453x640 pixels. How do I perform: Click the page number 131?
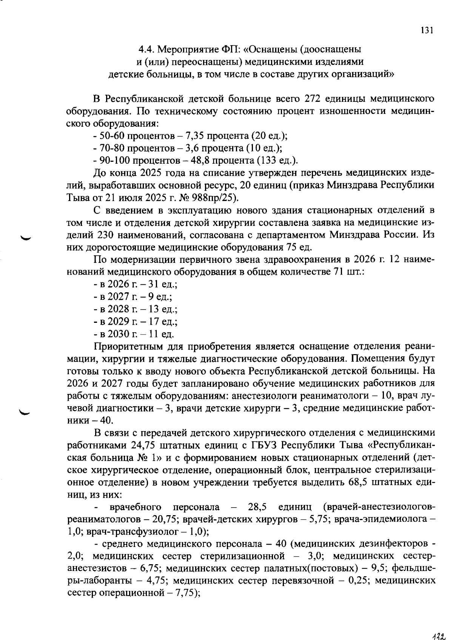427,30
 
